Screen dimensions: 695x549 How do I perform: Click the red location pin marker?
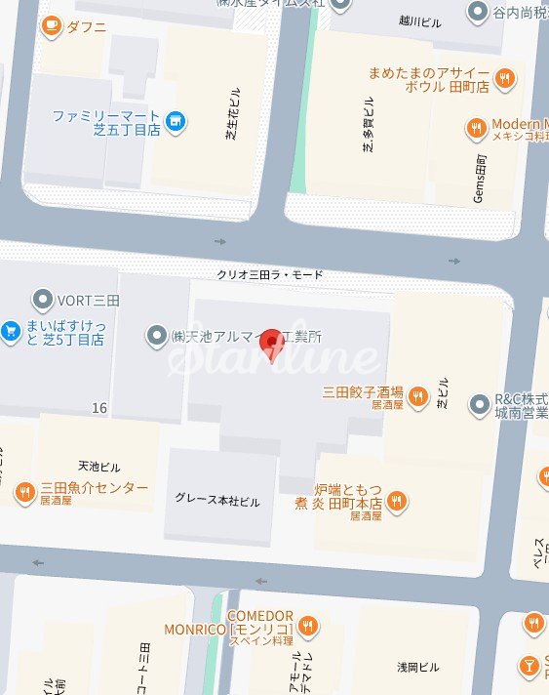pos(274,344)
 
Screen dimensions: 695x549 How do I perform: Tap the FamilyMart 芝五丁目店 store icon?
pos(175,121)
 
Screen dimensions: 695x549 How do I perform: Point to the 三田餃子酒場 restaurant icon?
pos(417,395)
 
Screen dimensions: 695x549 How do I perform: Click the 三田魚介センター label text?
pos(94,488)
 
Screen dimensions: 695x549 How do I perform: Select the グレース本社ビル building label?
pos(217,501)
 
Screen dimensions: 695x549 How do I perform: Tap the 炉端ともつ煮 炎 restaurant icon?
pos(397,501)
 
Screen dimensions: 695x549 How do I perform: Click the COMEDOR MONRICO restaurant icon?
pos(308,625)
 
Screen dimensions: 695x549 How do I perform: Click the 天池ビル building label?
pos(98,466)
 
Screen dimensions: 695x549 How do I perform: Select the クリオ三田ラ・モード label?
pos(269,275)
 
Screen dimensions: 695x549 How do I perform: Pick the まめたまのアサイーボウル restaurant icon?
pos(504,77)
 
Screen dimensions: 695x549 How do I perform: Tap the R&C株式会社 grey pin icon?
pos(479,403)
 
